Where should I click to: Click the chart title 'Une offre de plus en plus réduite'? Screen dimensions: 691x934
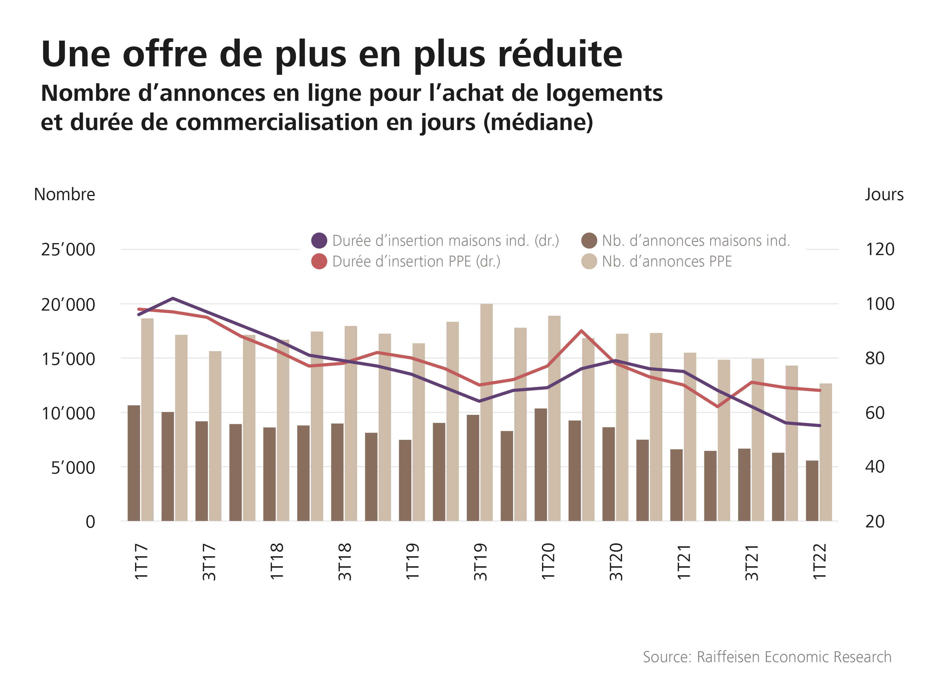point(331,54)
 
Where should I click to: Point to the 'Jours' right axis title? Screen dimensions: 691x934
point(884,195)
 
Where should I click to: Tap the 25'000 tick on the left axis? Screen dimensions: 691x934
point(68,250)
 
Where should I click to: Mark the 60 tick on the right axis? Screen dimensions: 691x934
point(875,413)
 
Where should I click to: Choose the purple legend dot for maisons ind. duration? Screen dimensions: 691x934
point(319,240)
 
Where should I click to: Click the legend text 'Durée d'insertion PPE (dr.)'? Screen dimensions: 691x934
point(416,261)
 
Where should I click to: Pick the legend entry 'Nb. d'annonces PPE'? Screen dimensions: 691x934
point(667,261)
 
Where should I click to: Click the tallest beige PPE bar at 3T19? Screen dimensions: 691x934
point(487,412)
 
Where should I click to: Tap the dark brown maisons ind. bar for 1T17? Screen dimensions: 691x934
point(134,463)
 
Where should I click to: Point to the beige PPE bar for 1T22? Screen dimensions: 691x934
point(825,452)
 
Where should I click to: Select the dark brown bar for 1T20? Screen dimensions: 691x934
point(541,464)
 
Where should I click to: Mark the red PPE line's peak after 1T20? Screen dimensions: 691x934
point(581,331)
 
